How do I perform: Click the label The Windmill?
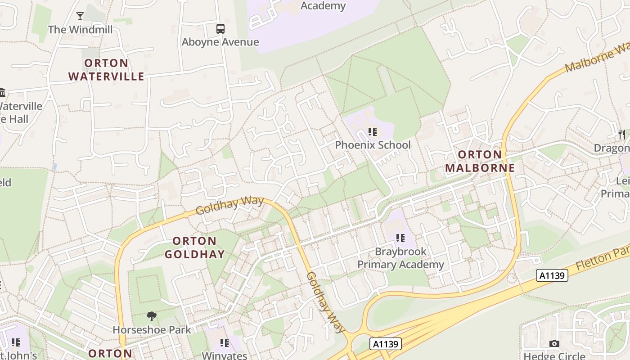click(80, 30)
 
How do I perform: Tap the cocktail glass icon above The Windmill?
click(80, 16)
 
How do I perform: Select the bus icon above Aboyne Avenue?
click(220, 29)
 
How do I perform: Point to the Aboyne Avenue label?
click(220, 42)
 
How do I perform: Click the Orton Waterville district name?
click(106, 70)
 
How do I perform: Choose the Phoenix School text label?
click(373, 145)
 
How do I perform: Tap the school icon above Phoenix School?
click(373, 132)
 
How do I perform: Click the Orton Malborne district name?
click(480, 161)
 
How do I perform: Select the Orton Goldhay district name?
click(194, 247)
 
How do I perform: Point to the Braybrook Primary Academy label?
click(400, 258)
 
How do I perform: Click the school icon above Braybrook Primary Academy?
click(400, 238)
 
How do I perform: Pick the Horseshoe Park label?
click(152, 330)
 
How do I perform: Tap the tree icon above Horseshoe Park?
click(152, 317)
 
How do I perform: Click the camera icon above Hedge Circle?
click(554, 344)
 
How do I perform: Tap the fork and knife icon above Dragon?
click(622, 134)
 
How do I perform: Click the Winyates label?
click(225, 355)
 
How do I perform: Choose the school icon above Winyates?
click(225, 343)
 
